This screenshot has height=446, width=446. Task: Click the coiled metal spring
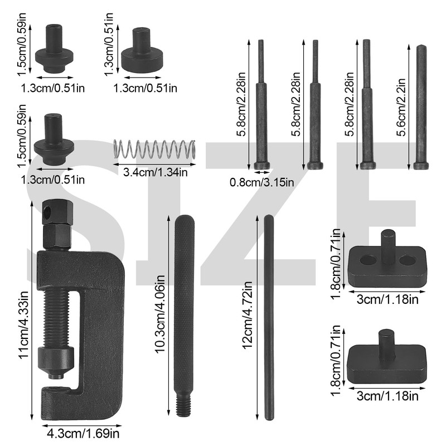coord(154,149)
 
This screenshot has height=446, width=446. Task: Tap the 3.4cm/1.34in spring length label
coord(156,172)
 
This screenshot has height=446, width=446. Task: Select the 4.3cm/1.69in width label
coord(83,434)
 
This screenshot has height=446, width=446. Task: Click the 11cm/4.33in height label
coord(23,324)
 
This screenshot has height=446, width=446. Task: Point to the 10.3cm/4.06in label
coord(160,314)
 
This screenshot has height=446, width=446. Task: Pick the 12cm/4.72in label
coord(247,315)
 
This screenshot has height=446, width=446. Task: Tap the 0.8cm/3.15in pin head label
coord(261,182)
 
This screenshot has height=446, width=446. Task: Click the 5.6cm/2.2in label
coord(400,107)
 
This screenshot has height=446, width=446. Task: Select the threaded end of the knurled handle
coord(184,404)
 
